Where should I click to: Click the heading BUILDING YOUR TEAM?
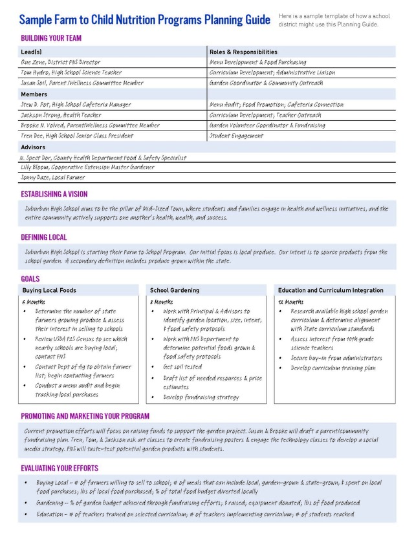(51, 38)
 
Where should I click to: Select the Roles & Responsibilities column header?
(243, 52)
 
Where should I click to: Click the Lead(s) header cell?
(32, 52)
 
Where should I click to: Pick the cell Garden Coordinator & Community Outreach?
(266, 83)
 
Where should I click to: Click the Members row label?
(34, 94)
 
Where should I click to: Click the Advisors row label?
(34, 147)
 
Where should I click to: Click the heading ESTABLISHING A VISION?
(54, 194)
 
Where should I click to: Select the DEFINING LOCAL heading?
(44, 237)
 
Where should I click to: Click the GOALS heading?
(30, 279)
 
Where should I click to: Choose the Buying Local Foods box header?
(49, 291)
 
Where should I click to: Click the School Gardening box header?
(175, 291)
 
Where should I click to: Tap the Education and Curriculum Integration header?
(331, 291)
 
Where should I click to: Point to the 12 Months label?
(290, 302)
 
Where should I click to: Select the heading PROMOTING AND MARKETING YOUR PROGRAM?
(85, 416)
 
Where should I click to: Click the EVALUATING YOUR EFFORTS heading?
(60, 468)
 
